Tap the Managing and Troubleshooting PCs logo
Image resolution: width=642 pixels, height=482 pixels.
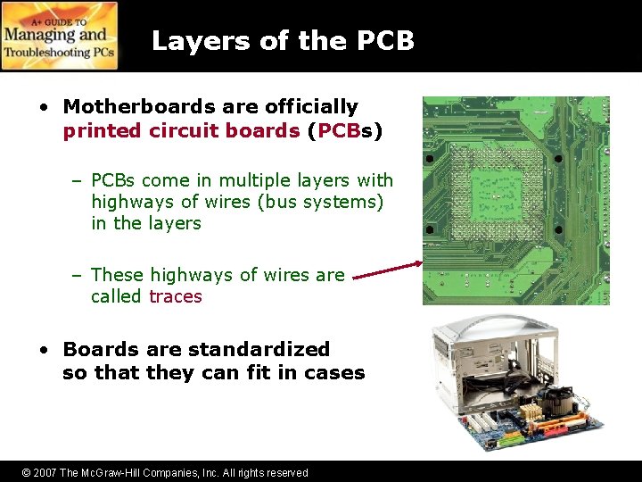pos(60,36)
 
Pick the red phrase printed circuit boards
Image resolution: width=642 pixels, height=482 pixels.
pos(181,130)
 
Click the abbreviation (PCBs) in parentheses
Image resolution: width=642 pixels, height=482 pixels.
pos(345,130)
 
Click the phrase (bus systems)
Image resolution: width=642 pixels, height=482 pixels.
pos(321,202)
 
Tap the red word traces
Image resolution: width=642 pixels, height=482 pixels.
pos(176,296)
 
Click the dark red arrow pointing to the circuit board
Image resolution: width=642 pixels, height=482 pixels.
pos(388,270)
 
